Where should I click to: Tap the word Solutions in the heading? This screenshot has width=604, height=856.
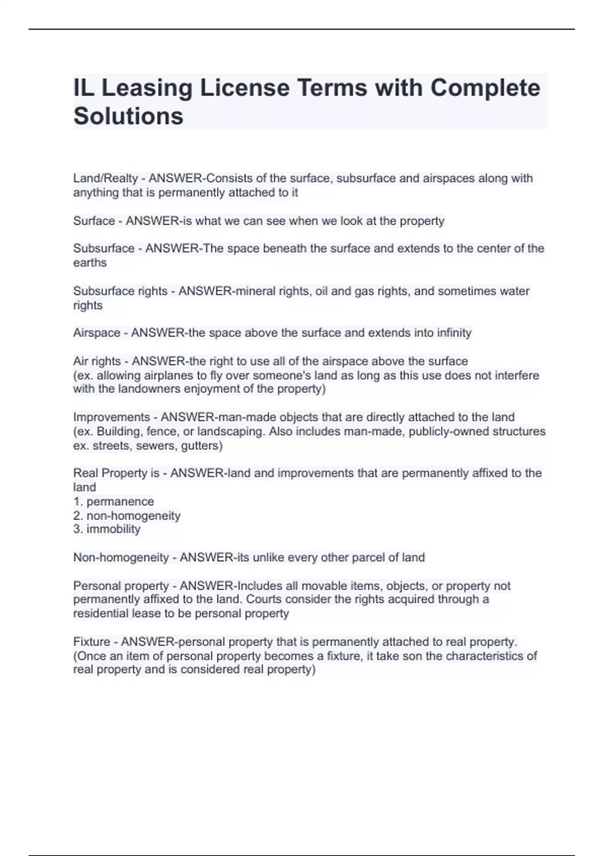tap(128, 116)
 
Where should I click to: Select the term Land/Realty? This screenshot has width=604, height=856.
tap(105, 178)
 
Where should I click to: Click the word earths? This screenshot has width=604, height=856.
tap(90, 263)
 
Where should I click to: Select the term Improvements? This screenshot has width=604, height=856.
tap(111, 417)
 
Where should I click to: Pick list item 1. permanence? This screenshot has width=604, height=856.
tap(114, 502)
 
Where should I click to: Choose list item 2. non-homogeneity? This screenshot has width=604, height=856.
tap(127, 516)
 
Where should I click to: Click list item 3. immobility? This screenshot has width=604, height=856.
tap(107, 529)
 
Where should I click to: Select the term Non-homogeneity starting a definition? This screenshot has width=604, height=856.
tap(121, 557)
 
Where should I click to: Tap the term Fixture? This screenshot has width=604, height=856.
tap(92, 642)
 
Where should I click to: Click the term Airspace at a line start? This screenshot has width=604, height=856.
tap(97, 333)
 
